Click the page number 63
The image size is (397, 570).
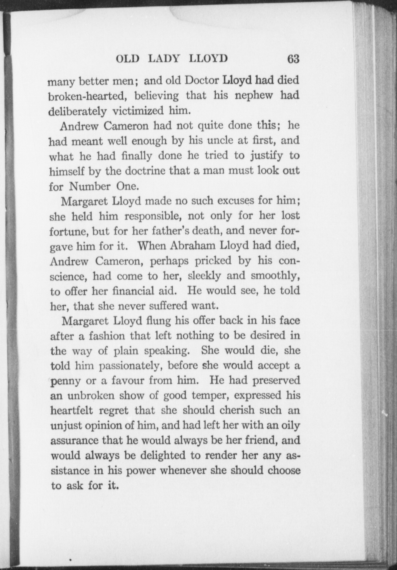(293, 59)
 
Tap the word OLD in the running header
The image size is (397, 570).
(127, 59)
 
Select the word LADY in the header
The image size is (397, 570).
(164, 59)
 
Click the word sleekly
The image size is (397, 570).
(205, 276)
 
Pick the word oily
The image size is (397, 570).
(288, 425)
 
